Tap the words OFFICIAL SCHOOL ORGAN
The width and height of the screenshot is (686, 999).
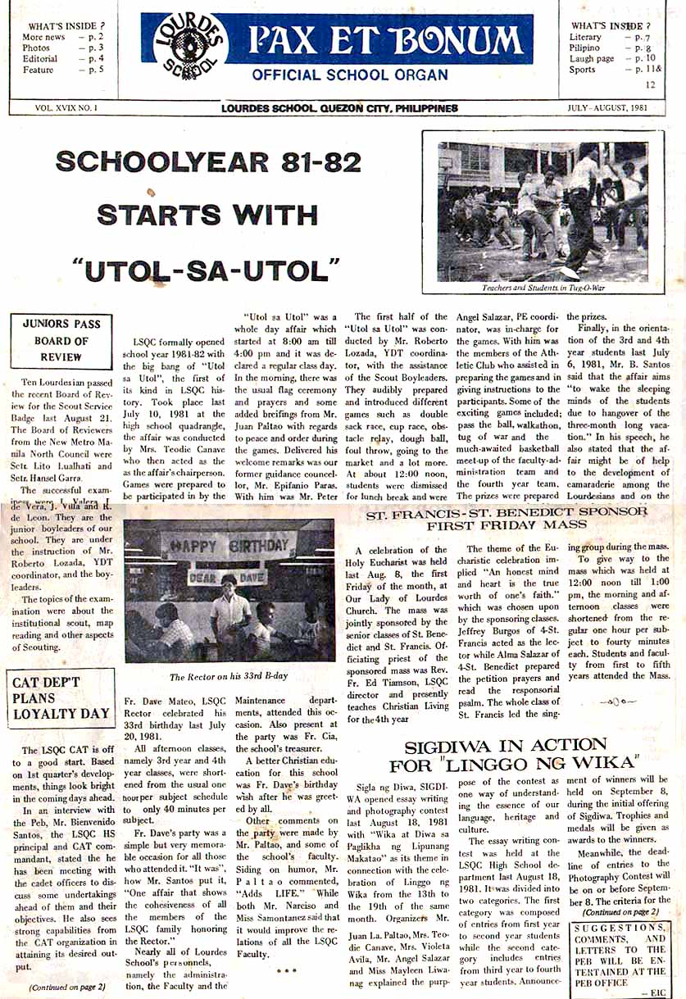pyautogui.click(x=350, y=75)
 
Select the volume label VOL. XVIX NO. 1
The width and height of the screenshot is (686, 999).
pyautogui.click(x=66, y=108)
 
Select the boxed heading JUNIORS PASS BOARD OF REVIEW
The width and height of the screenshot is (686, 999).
pyautogui.click(x=62, y=340)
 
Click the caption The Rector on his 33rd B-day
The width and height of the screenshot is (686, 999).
pyautogui.click(x=229, y=677)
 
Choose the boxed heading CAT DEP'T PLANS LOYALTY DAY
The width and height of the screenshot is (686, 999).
pyautogui.click(x=61, y=697)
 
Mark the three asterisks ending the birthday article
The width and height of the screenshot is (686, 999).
pyautogui.click(x=286, y=972)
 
